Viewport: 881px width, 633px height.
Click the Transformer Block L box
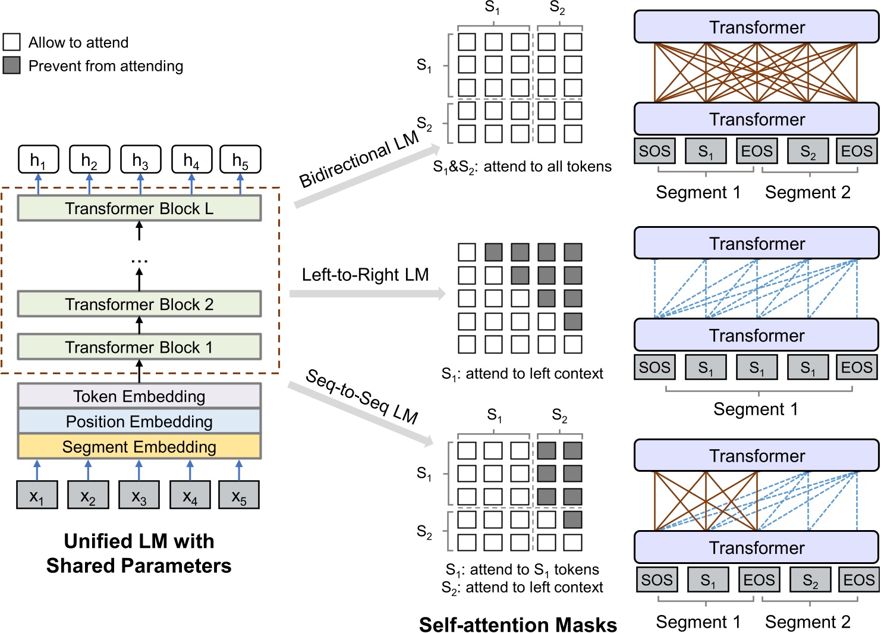(139, 209)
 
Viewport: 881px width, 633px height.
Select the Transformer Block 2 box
(139, 304)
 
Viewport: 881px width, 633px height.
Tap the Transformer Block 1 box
(139, 347)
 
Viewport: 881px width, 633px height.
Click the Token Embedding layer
(139, 396)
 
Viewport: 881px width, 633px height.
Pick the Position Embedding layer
(139, 421)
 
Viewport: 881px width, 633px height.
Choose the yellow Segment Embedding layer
(139, 447)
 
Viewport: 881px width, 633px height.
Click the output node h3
(140, 160)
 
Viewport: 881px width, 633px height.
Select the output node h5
(240, 160)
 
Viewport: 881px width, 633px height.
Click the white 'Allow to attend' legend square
(12, 42)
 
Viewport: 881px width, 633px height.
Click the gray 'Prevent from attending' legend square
(12, 65)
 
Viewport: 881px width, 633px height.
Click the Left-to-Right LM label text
(365, 275)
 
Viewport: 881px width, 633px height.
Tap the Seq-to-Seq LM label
(361, 396)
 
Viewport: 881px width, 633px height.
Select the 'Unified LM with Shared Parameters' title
(139, 553)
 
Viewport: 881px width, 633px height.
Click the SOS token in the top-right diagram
(655, 151)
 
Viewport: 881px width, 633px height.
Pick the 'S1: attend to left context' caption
(522, 374)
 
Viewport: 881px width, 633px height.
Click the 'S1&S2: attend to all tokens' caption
(522, 167)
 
